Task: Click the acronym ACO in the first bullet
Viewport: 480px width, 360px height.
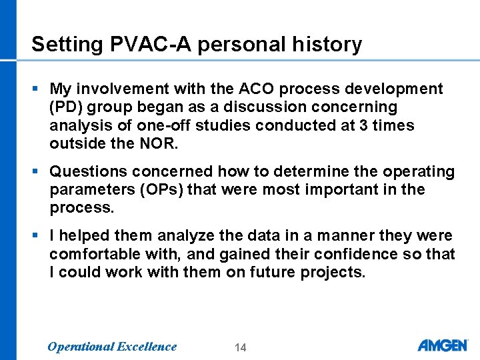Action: [253, 89]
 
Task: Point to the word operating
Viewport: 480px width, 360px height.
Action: [416, 172]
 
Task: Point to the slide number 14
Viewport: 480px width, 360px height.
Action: [241, 347]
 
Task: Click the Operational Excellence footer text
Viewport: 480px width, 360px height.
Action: [112, 346]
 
